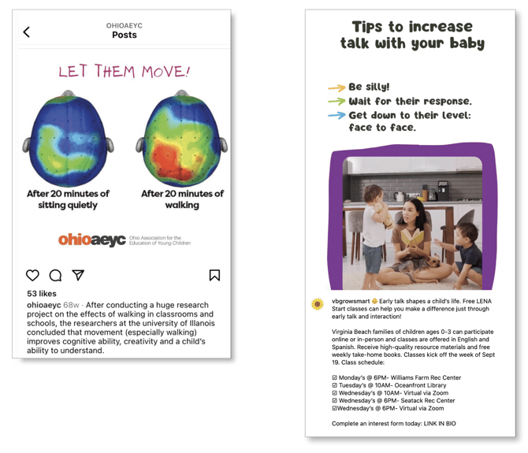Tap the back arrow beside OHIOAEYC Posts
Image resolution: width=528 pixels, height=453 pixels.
26,32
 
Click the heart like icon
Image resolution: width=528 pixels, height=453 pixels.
32,275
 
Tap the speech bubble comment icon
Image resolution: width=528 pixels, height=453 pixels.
55,275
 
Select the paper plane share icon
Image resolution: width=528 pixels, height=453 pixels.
78,275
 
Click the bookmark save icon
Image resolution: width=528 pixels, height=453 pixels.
214,275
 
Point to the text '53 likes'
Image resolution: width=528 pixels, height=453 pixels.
42,294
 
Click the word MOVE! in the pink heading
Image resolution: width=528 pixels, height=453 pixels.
165,72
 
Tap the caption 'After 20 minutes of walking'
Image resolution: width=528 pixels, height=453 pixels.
182,199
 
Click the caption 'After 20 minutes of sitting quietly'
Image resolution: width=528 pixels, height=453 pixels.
68,199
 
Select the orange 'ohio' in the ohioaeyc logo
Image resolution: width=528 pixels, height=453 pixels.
74,239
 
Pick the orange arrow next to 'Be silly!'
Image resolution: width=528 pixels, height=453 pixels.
337,87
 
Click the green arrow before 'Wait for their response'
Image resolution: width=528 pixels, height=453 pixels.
337,101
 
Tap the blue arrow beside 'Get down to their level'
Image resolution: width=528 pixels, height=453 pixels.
337,116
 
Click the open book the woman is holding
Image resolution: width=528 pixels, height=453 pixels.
412,236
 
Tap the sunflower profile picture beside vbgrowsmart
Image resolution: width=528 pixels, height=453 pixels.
318,304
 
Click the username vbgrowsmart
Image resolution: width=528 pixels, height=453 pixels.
351,301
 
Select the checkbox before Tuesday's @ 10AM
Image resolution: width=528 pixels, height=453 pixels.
334,385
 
